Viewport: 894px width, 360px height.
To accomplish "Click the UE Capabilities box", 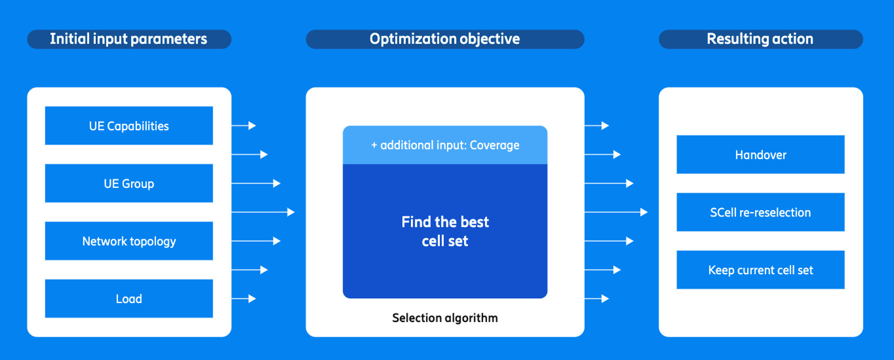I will coord(129,126).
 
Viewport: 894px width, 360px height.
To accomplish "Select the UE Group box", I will coord(129,184).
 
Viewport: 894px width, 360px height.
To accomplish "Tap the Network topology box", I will coord(129,241).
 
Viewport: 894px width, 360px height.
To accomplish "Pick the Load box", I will coord(129,299).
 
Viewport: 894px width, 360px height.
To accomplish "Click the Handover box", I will coord(760,155).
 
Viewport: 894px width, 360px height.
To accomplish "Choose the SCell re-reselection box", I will coord(760,212).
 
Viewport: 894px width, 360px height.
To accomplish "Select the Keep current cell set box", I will coord(760,270).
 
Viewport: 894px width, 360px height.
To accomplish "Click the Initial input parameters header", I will coord(129,39).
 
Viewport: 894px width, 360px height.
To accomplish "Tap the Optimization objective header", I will coord(445,39).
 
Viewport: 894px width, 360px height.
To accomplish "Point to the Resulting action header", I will coord(760,39).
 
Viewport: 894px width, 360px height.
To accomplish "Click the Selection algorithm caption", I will coord(445,318).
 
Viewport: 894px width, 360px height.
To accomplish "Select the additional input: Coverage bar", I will coord(445,145).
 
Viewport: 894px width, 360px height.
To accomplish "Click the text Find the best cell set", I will coord(445,232).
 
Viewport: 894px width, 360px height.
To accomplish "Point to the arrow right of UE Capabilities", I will coord(244,126).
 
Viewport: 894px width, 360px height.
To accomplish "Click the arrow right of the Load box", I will coord(244,299).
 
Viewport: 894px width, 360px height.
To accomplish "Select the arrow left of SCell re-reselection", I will coord(616,212).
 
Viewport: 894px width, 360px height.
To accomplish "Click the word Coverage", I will coord(494,145).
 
